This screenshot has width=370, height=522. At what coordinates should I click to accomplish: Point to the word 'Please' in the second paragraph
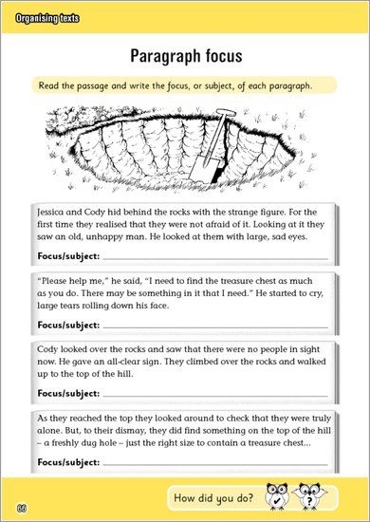[x=58, y=283]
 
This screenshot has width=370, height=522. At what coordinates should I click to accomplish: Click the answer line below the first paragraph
[x=214, y=259]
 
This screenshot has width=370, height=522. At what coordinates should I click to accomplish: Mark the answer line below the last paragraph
[x=214, y=465]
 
